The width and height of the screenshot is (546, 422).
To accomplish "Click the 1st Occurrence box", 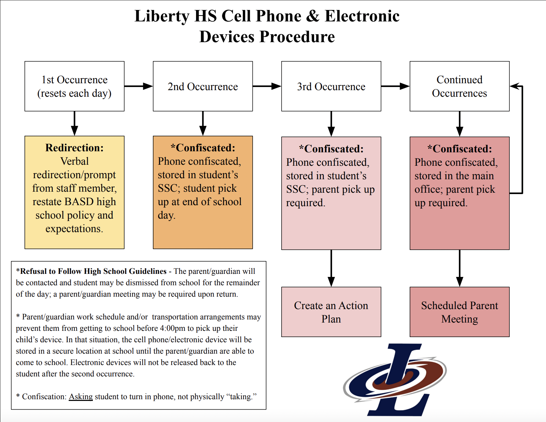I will pyautogui.click(x=74, y=86).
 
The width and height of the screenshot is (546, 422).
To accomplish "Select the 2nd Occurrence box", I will pyautogui.click(x=203, y=86).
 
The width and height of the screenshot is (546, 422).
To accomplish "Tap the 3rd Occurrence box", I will pyautogui.click(x=331, y=86).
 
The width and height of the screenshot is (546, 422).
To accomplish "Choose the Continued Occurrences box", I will pyautogui.click(x=459, y=86).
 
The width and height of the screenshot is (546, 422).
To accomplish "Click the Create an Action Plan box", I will pyautogui.click(x=331, y=312).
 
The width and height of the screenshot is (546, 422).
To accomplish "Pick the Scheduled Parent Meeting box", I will pyautogui.click(x=459, y=312).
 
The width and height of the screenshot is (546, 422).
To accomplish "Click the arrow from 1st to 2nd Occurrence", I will pyautogui.click(x=138, y=86).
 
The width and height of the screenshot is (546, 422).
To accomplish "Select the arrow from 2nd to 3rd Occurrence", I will pyautogui.click(x=267, y=86).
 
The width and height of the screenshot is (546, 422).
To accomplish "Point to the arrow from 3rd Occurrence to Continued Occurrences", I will pyautogui.click(x=395, y=86).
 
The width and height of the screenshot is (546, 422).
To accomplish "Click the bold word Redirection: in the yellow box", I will pyautogui.click(x=74, y=148).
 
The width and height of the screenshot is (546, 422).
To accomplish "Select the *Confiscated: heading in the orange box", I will pyautogui.click(x=203, y=148).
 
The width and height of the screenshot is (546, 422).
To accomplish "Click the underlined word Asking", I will pyautogui.click(x=81, y=396).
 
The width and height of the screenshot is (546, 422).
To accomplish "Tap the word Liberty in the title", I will pyautogui.click(x=162, y=16).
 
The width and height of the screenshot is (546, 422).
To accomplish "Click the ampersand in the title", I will pyautogui.click(x=313, y=16).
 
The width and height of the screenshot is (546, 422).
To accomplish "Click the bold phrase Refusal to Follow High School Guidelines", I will pyautogui.click(x=93, y=271).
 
